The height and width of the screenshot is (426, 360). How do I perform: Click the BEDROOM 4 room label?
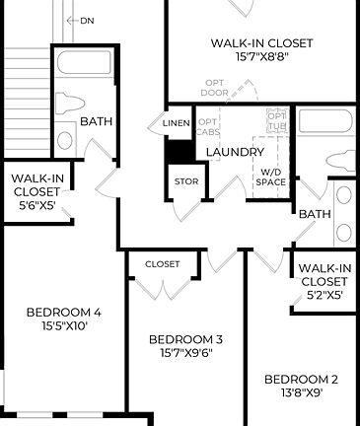pyautogui.click(x=64, y=314)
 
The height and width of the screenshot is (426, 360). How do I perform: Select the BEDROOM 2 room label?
pyautogui.click(x=302, y=379)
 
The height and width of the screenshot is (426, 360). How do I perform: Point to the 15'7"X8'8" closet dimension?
pyautogui.click(x=261, y=57)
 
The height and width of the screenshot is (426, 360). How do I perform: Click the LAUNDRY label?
pyautogui.click(x=235, y=152)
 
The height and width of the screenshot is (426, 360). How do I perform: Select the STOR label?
pyautogui.click(x=185, y=181)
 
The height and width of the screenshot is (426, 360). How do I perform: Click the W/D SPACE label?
pyautogui.click(x=270, y=177)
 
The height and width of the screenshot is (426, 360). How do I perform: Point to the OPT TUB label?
pyautogui.click(x=277, y=122)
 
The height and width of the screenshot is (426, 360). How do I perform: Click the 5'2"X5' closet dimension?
pyautogui.click(x=324, y=294)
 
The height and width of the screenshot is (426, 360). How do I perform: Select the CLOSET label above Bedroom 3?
pyautogui.click(x=162, y=264)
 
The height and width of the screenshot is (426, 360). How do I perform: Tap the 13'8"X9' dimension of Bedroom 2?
pyautogui.click(x=302, y=391)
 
